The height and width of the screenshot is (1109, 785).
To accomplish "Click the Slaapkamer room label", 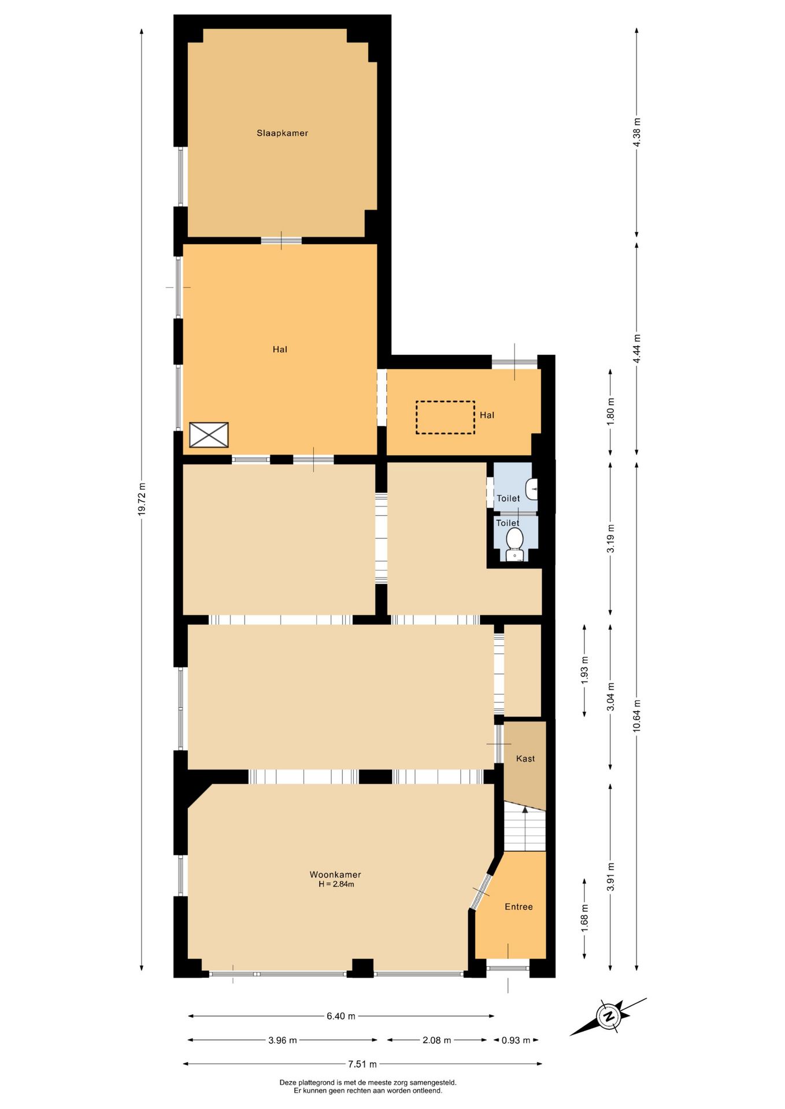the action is click(282, 133).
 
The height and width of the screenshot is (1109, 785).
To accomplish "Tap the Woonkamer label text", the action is click(335, 874).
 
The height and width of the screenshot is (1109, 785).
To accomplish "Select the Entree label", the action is click(519, 907).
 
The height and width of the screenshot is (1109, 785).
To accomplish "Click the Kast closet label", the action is click(525, 758).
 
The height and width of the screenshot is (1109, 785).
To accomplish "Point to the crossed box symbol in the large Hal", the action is click(209, 435).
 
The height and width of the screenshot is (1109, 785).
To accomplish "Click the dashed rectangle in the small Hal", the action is click(445, 418).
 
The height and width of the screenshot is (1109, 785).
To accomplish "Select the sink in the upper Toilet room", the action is click(532, 489).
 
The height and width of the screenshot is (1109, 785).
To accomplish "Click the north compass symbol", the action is click(609, 1016).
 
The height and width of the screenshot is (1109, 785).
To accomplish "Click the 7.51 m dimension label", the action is click(362, 1064).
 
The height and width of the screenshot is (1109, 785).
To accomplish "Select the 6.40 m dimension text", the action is click(341, 1016).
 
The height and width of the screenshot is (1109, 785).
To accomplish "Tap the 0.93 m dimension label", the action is click(516, 1040).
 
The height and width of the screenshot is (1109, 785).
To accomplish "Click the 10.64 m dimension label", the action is click(637, 716).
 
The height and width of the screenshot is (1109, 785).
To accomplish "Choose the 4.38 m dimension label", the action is click(637, 132).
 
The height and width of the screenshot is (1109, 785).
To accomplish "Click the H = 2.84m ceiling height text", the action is click(336, 884).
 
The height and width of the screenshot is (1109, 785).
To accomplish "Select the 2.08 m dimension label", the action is click(437, 1040).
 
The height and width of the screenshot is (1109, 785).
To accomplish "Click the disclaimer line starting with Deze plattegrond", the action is click(368, 1082).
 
